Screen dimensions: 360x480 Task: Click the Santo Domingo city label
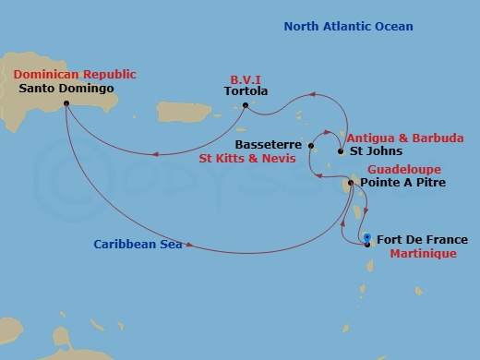tap(66, 89)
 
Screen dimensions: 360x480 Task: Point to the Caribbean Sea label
tap(137, 245)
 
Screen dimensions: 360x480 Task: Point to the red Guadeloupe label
tap(404, 170)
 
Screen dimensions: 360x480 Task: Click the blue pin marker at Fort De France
tap(367, 238)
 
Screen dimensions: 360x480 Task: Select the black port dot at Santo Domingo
tap(66, 103)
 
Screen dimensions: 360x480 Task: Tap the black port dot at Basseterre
tap(311, 146)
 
